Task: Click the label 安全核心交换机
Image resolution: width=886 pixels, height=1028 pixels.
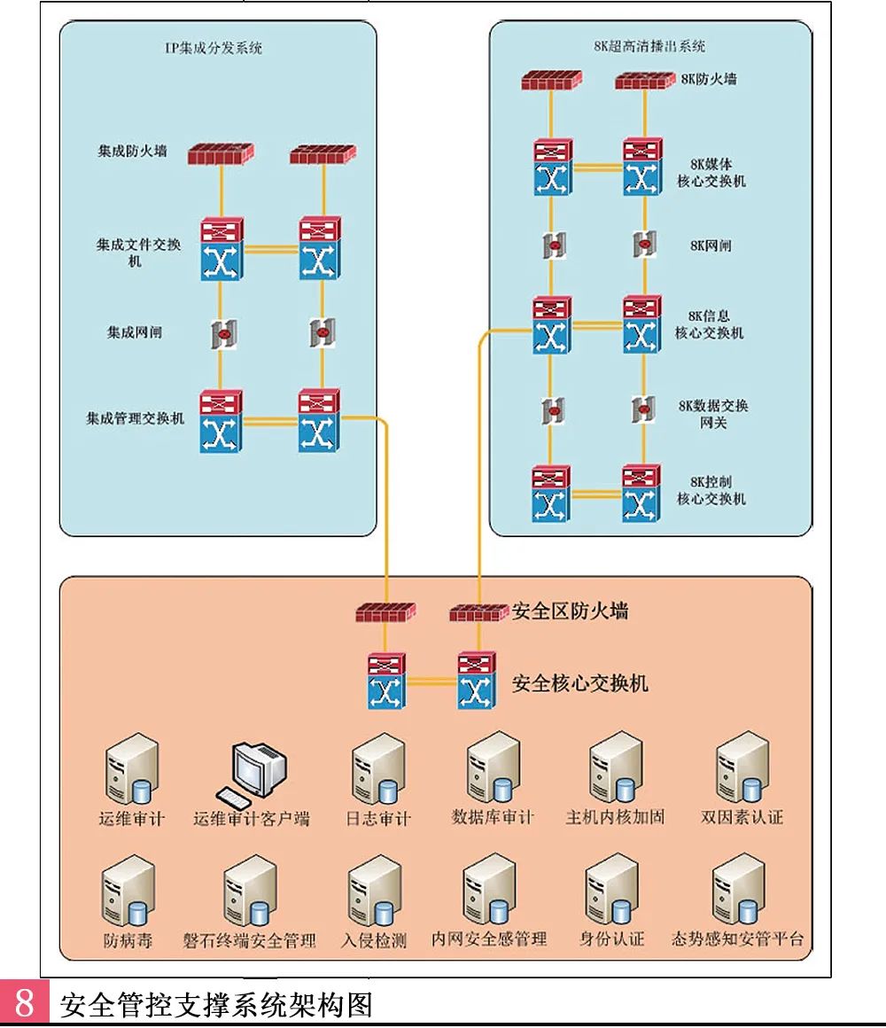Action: pos(580,683)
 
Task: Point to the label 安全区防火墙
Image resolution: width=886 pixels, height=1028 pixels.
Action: pos(570,611)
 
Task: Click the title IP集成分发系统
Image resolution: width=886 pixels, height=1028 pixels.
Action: pos(215,49)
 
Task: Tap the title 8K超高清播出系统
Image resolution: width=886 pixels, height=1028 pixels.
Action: pos(649,46)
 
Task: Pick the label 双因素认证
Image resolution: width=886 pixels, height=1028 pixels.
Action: pos(742,817)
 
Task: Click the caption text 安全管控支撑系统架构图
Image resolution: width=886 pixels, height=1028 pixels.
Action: pos(217,1005)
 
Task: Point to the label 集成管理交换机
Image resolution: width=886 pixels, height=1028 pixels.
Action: pos(135,417)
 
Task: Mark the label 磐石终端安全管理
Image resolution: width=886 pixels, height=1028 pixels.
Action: pos(250,939)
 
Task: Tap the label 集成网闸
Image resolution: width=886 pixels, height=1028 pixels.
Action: pos(135,333)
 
